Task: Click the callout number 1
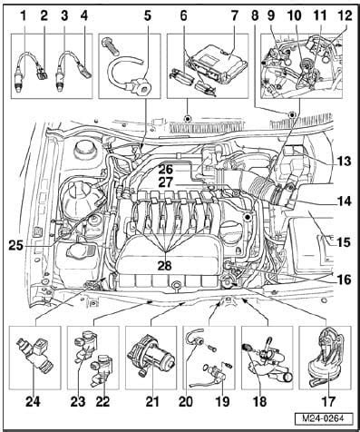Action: coord(23,16)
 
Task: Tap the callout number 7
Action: coord(235,16)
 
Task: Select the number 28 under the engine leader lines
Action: coord(165,265)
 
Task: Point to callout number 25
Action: coord(15,245)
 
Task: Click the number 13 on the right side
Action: coord(344,162)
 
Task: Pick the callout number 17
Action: coord(328,401)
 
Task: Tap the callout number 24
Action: coord(33,401)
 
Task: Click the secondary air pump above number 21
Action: coord(151,355)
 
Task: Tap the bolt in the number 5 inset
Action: coord(111,45)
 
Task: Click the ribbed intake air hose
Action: coord(258,187)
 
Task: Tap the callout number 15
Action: coord(344,242)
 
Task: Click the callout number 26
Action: coord(165,169)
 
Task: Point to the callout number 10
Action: coord(295,16)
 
